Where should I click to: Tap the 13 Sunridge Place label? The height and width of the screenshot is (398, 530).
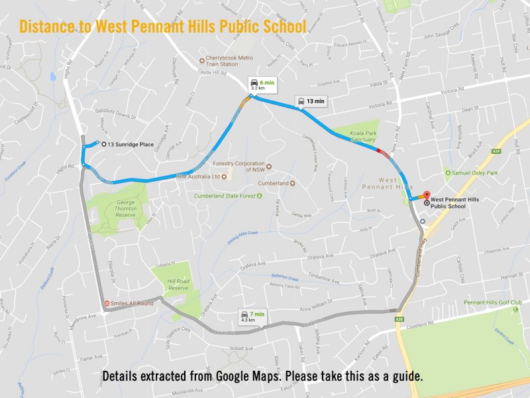[x=131, y=143]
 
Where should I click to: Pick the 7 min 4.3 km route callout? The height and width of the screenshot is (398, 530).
[x=252, y=316]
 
